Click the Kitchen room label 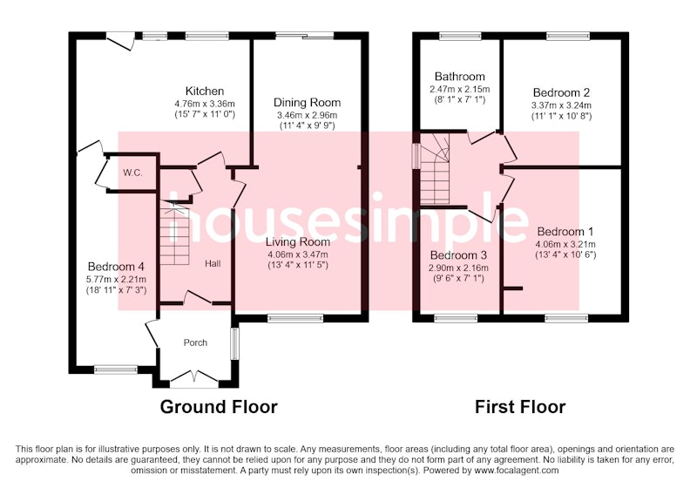pos(205,91)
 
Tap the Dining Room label pos(308,102)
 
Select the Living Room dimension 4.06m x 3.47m pos(298,254)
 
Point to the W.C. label pos(133,173)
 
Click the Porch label pos(195,342)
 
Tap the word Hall pos(213,263)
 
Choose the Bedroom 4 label pos(116,267)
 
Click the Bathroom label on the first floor pos(460,77)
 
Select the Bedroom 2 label pos(561,92)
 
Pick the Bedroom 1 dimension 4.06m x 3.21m pos(565,244)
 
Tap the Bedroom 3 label pos(458,255)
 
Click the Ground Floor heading pos(219,407)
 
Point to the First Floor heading pos(520,407)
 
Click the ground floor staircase pos(174,233)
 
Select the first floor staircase pos(435,169)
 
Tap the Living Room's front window pos(295,318)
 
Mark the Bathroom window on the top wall pos(461,36)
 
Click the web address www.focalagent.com pos(516,470)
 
